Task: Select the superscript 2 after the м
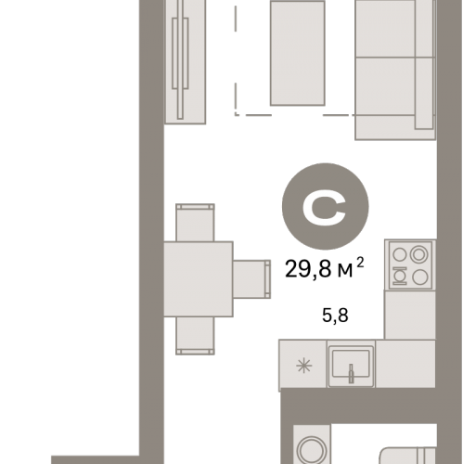coord(360,263)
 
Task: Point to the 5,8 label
coord(335,316)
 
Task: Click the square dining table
coord(198,279)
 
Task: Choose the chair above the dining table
coord(195,223)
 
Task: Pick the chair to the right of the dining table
coord(251,279)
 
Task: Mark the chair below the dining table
coord(195,336)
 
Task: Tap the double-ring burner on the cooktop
coord(418,254)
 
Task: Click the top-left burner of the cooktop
coord(399,255)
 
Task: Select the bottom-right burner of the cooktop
coord(420,277)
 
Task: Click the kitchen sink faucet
coord(351,373)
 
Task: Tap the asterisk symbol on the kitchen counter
coord(304,366)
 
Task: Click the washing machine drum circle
coord(312,450)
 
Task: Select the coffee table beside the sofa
coord(298,53)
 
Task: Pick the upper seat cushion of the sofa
coord(385,29)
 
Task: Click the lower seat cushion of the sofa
coord(385,86)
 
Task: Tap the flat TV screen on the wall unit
coord(180,58)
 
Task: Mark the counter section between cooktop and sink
coord(410,315)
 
